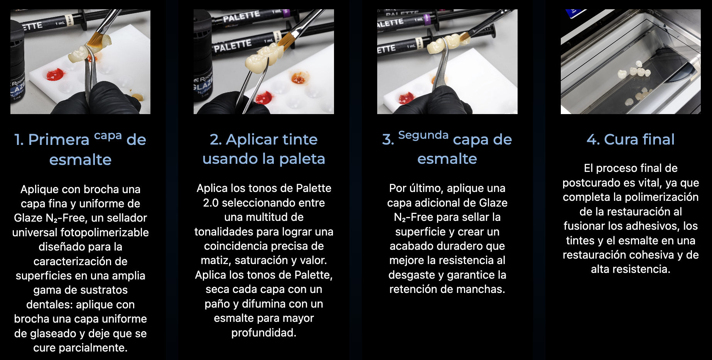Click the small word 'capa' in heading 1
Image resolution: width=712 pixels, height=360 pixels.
(108, 136)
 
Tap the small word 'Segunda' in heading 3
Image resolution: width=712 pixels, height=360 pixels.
(423, 135)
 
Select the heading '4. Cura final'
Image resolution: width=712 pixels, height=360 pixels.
(631, 139)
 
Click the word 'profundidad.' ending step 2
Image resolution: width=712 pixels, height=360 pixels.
(264, 333)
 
